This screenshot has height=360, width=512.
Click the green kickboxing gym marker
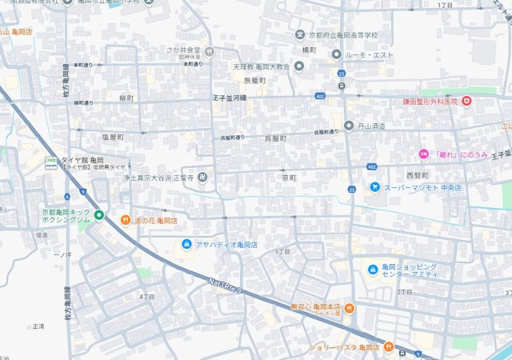click(x=98, y=214)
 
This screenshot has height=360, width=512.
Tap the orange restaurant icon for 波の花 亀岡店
click(x=125, y=220)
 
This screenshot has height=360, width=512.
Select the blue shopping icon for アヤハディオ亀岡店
click(x=186, y=243)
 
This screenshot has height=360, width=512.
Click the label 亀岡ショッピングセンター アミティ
click(x=410, y=270)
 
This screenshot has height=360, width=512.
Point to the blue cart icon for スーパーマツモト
click(x=374, y=187)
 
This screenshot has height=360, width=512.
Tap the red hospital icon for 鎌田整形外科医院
click(x=466, y=102)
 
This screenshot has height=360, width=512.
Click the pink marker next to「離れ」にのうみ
click(x=424, y=154)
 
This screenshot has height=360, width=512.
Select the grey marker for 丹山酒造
click(x=349, y=126)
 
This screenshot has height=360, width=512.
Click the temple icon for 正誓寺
click(x=202, y=177)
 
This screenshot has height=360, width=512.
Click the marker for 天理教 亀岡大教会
click(x=299, y=66)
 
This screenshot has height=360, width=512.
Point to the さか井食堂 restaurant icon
click(x=209, y=50)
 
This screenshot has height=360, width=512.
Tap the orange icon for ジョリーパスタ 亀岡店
click(x=386, y=347)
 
